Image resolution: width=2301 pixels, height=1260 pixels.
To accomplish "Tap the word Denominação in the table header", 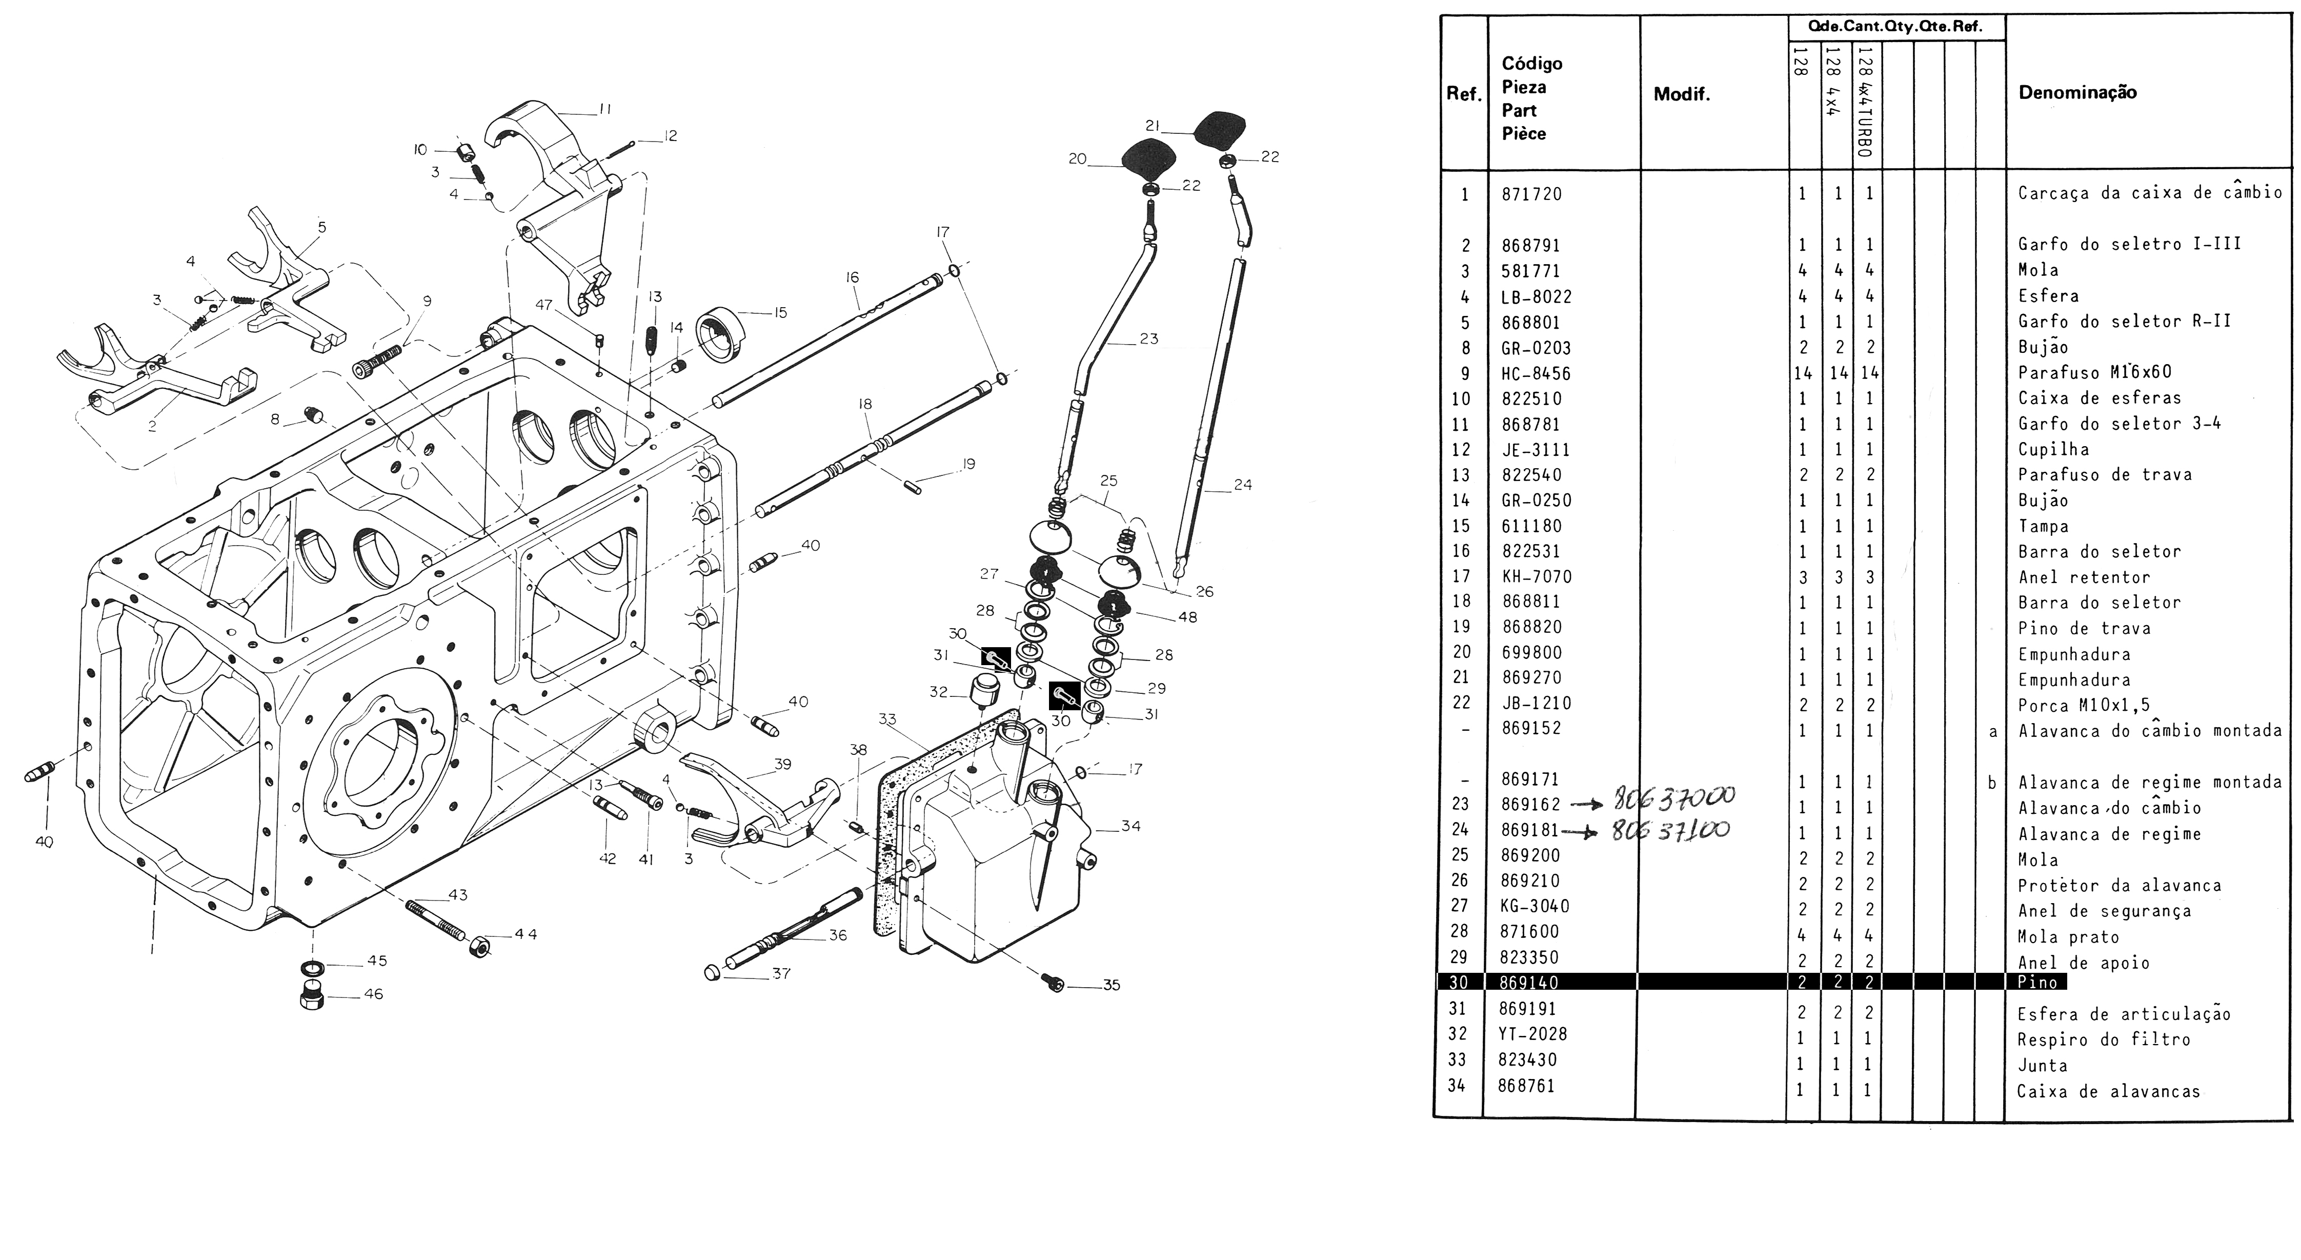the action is coord(2077,92).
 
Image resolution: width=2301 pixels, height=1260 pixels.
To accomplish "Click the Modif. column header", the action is coord(1682,95).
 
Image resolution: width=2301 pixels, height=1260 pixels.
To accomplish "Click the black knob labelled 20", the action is coord(1146,162).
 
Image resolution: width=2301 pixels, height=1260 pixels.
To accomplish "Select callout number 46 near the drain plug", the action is coord(373,994).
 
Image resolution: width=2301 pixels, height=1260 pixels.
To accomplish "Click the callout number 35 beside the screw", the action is coord(1111,986).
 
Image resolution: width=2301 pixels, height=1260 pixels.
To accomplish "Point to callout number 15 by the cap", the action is coord(780,313).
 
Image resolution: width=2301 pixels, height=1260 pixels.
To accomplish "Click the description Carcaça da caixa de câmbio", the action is coord(2149,192).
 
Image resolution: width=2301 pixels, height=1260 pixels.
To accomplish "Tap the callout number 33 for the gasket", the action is coord(887,718).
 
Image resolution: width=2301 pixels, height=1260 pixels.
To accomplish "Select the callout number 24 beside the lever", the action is coord(1242,485).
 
